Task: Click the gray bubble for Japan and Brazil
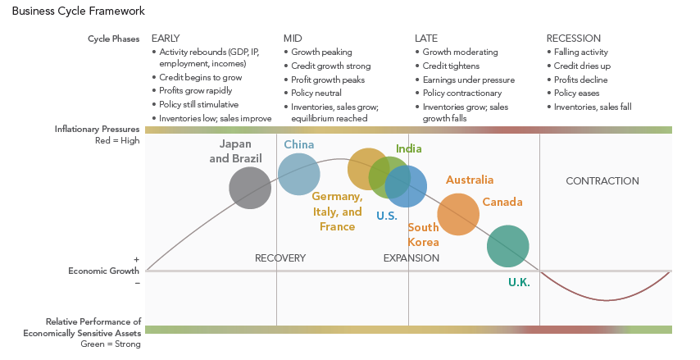(249, 188)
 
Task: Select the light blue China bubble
(298, 174)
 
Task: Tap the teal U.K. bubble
(508, 246)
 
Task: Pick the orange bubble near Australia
(458, 213)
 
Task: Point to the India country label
(409, 148)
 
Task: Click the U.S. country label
(387, 216)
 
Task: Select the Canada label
(502, 202)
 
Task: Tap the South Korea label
(424, 235)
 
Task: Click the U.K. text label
(519, 282)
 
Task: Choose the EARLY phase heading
(166, 39)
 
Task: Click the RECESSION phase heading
(574, 39)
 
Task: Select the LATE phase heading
(426, 39)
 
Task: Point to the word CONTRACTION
(602, 181)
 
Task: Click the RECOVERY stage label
(280, 258)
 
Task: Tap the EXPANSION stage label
(411, 258)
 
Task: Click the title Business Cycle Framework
(79, 11)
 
